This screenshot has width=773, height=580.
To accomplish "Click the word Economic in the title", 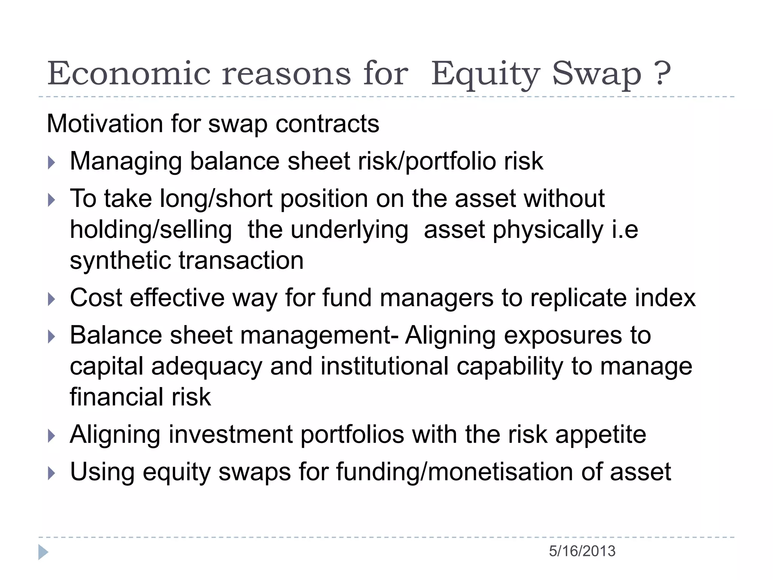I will click(129, 73).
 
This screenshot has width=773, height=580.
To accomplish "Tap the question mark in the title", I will click(663, 73).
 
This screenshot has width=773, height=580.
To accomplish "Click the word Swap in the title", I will click(597, 73).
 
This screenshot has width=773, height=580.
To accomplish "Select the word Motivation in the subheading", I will click(105, 124).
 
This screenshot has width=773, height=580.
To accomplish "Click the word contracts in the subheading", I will click(327, 124).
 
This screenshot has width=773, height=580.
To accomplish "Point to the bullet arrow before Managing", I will click(52, 163).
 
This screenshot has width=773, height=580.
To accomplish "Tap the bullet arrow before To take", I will click(52, 200).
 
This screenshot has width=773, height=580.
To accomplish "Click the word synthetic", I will click(120, 261).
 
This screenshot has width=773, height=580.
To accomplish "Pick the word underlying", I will click(350, 230).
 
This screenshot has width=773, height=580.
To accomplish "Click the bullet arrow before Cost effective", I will click(52, 299).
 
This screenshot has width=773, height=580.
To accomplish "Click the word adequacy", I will click(207, 367).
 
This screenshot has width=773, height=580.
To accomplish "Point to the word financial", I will click(117, 397).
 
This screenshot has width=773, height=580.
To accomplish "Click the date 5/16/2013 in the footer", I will click(582, 551).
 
